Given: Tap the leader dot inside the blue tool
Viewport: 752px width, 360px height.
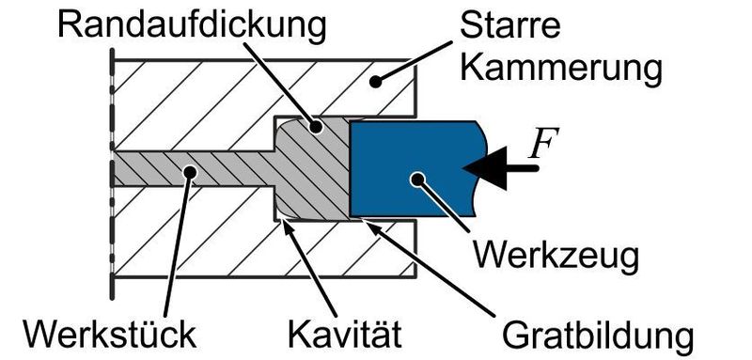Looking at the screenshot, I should [x=414, y=179].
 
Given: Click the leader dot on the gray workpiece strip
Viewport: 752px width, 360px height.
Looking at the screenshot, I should [x=191, y=171].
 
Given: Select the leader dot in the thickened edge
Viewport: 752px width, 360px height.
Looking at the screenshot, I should [x=317, y=126].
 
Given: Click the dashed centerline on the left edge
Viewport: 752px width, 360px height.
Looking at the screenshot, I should [x=112, y=169].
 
